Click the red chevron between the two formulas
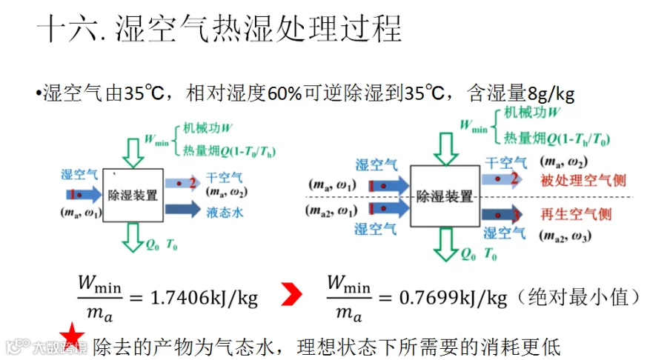tap(292, 297)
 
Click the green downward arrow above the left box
tap(133, 151)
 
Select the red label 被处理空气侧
tap(576, 181)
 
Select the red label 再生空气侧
tap(576, 215)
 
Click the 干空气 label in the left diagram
tap(224, 178)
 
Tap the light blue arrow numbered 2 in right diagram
tap(500, 179)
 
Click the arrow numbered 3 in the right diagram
tap(501, 215)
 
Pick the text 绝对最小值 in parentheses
tap(580, 298)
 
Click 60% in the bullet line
tap(285, 95)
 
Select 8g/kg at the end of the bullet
tap(551, 95)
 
